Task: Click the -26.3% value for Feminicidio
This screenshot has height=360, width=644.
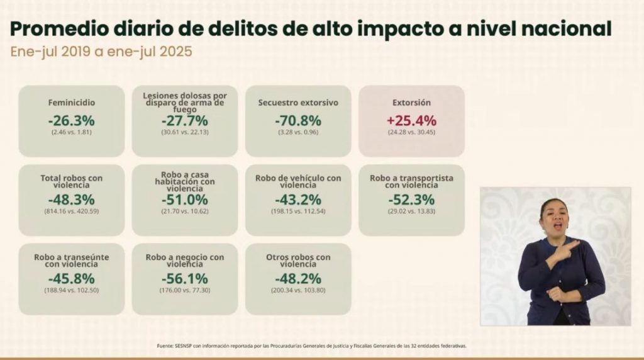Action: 71,120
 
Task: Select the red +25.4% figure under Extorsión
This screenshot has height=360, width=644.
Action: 411,120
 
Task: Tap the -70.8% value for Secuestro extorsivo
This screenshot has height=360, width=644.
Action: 298,120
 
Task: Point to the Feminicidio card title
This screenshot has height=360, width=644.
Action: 71,102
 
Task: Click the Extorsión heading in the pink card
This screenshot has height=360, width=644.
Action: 411,102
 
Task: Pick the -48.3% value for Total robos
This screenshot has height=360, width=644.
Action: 71,200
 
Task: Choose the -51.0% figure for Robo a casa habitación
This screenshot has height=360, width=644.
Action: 184,200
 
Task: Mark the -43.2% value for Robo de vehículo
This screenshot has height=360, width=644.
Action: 298,200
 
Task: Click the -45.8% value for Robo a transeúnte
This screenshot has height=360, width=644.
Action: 71,278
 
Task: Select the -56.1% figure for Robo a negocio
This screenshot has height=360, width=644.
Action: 184,278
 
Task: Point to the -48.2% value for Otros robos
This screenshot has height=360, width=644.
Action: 298,278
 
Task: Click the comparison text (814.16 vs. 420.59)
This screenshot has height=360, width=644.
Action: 71,212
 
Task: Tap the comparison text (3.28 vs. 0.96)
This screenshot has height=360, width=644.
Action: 298,133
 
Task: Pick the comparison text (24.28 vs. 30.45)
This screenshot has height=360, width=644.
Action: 411,133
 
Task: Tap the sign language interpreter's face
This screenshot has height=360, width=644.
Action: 554,216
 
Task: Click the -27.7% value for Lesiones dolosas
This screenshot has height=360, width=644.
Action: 184,120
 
